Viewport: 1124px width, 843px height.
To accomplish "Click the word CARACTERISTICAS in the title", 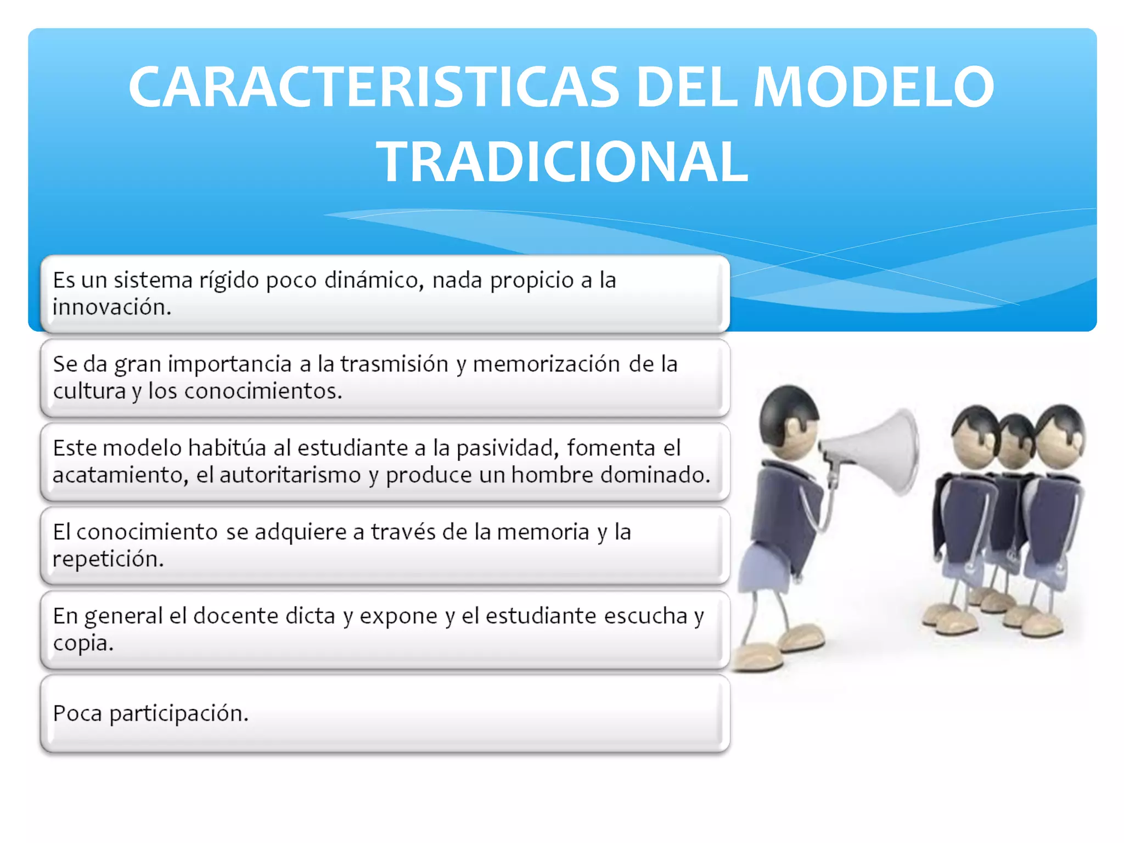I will (374, 87).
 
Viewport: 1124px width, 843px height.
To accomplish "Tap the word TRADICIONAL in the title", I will (562, 162).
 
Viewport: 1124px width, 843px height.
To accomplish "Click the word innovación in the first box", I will (111, 307).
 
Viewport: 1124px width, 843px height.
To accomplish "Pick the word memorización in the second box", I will (546, 364).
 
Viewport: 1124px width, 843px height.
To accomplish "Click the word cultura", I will (89, 391).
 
